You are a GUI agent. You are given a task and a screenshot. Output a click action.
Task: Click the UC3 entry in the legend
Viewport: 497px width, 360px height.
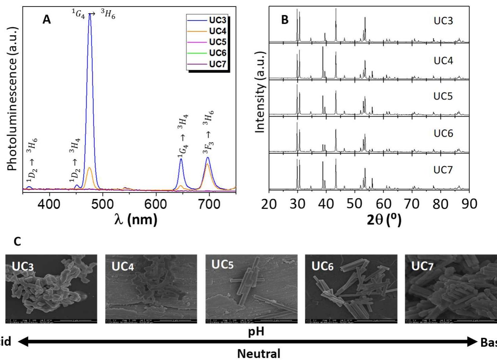(x=217, y=20)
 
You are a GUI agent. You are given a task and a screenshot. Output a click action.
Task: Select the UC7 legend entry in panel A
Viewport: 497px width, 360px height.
(x=217, y=64)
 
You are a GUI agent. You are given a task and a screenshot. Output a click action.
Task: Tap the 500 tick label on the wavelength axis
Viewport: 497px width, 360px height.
(x=102, y=204)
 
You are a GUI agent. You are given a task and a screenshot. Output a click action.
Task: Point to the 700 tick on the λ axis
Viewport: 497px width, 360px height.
(x=209, y=204)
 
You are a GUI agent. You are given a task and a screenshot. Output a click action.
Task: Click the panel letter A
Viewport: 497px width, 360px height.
(x=47, y=20)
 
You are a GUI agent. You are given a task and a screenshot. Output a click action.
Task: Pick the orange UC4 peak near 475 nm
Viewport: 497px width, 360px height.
(x=90, y=168)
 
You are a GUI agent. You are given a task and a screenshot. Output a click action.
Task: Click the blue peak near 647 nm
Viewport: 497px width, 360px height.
(x=181, y=159)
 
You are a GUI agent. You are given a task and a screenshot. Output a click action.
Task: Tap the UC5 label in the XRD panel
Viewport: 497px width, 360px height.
(x=443, y=96)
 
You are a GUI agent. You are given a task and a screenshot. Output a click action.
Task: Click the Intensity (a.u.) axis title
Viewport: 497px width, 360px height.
(x=260, y=92)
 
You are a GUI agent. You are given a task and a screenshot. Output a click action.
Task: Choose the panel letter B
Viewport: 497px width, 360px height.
(x=285, y=20)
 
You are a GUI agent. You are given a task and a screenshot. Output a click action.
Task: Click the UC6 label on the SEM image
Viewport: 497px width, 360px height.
(x=322, y=266)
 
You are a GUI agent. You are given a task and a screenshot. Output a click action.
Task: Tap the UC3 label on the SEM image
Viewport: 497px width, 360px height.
(x=23, y=266)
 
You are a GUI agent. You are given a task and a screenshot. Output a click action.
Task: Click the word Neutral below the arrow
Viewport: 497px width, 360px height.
(x=259, y=354)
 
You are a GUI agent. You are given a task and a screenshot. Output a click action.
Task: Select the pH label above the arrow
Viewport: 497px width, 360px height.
(x=256, y=331)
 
